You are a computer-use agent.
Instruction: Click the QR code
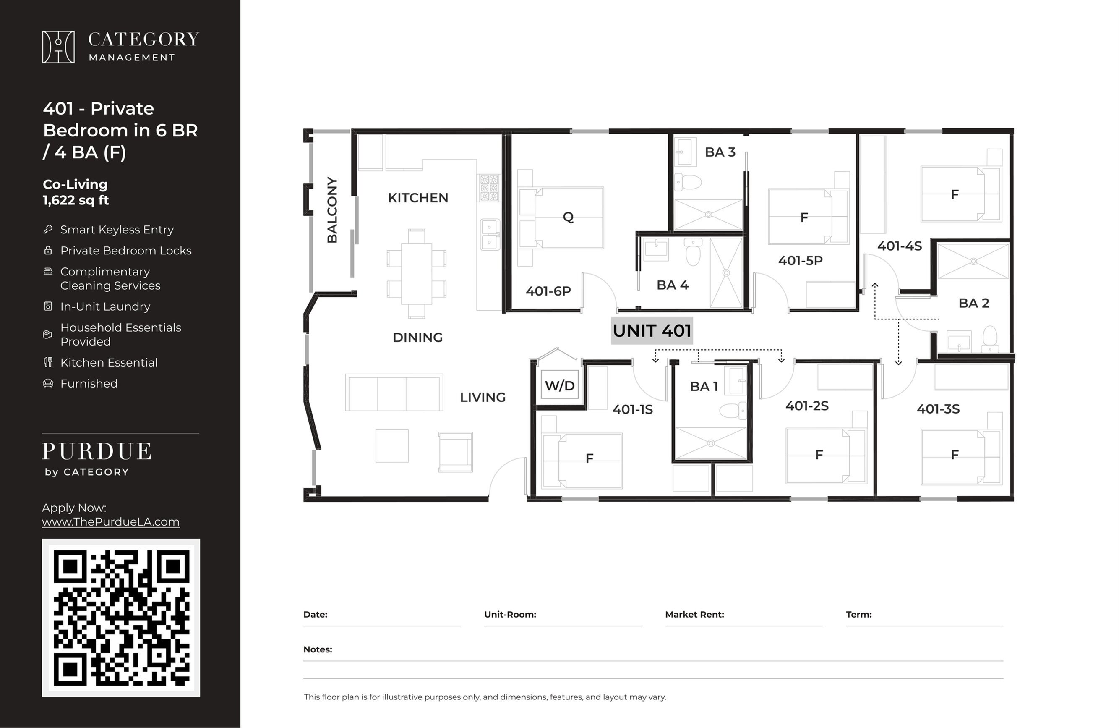[x=121, y=618]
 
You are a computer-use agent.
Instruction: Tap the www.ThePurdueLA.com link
[x=110, y=522]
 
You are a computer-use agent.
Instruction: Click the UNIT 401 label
[x=652, y=331]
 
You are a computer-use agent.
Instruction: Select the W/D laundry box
[x=560, y=385]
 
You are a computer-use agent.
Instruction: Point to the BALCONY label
[x=332, y=210]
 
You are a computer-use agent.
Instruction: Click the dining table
[x=417, y=273]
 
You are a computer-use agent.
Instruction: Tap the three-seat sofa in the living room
[x=394, y=393]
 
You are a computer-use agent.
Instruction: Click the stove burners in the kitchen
[x=489, y=188]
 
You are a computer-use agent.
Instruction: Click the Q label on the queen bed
[x=568, y=217]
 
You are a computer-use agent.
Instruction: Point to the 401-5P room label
[x=800, y=260]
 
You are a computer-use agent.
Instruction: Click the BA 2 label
[x=974, y=303]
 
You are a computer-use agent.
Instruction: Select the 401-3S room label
[x=938, y=409]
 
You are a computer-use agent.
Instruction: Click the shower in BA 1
[x=710, y=443]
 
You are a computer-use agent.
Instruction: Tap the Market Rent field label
[x=694, y=615]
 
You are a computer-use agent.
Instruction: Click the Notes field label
[x=318, y=649]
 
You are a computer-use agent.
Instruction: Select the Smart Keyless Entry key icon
[x=48, y=229]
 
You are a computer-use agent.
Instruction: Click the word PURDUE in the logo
[x=97, y=451]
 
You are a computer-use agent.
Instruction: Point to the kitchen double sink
[x=490, y=234]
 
